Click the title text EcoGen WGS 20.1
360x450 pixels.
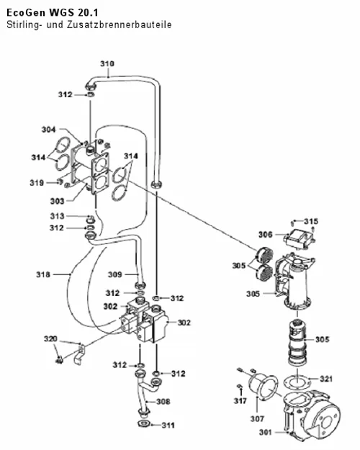pyautogui.click(x=52, y=13)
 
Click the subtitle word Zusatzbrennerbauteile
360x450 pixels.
pyautogui.click(x=119, y=24)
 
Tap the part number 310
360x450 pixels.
pyautogui.click(x=107, y=63)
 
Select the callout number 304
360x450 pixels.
pyautogui.click(x=49, y=130)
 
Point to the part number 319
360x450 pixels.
pyautogui.click(x=37, y=183)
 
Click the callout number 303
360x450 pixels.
pyautogui.click(x=57, y=201)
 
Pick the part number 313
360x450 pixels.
pyautogui.click(x=57, y=216)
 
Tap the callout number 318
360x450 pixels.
pyautogui.click(x=43, y=274)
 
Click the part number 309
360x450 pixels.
pyautogui.click(x=114, y=274)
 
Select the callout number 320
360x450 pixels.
pyautogui.click(x=50, y=339)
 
